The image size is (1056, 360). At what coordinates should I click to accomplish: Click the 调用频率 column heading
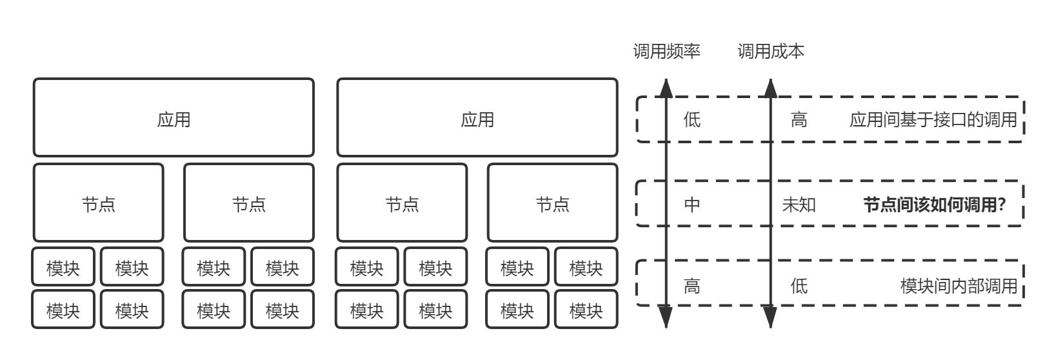666,52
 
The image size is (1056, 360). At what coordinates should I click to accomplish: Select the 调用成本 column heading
771,52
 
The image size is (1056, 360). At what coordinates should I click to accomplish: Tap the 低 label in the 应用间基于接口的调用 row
692,119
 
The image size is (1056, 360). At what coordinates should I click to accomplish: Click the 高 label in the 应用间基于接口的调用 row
799,119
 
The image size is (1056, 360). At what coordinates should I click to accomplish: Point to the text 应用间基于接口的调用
933,119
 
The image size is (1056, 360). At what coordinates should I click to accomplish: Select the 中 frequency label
692,205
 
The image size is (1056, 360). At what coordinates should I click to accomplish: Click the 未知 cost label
799,205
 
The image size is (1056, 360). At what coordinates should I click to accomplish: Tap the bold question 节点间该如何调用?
935,205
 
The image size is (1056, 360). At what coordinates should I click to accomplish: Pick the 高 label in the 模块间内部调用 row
692,285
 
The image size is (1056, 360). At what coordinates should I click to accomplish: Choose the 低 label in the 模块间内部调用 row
799,285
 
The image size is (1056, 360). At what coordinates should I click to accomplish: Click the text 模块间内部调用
959,285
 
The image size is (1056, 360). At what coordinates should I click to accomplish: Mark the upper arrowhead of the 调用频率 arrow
666,88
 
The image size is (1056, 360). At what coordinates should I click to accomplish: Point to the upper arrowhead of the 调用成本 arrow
770,88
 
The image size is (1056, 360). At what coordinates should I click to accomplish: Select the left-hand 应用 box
174,118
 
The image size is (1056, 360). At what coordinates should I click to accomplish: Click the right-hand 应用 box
477,118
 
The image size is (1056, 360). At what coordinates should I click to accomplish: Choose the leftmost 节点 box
99,203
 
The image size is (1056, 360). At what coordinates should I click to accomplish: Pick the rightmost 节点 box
553,203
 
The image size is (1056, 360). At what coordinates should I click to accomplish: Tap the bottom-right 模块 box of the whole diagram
586,310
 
